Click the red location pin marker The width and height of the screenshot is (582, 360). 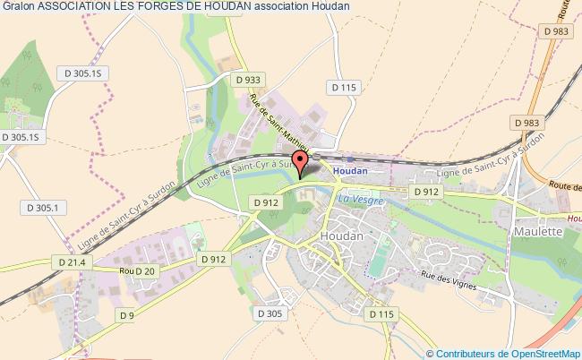tap(301, 161)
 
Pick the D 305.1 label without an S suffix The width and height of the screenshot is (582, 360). tap(42, 208)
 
